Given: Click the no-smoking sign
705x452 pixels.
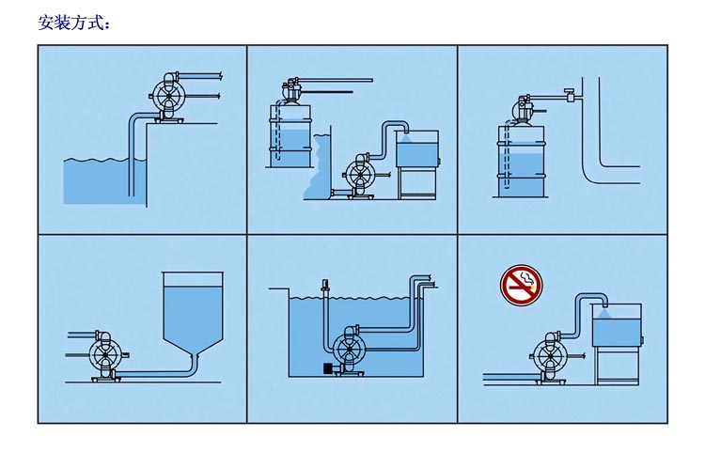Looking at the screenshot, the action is [x=521, y=286].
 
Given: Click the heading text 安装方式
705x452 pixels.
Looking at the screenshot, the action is [x=74, y=23].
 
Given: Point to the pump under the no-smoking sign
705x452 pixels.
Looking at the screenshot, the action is [x=550, y=357].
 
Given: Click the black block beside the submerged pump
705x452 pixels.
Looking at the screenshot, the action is [x=328, y=368].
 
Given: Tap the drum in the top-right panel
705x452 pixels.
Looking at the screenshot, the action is [x=521, y=161].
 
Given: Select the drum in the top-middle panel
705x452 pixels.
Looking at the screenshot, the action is [x=290, y=135].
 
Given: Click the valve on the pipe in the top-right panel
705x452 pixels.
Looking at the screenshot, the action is [x=570, y=95].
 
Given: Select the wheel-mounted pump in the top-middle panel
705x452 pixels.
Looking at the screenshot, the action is [x=361, y=176].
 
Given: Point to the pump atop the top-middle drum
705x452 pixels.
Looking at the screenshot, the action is [x=291, y=91].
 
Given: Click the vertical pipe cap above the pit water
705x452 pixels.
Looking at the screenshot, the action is [x=323, y=285].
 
